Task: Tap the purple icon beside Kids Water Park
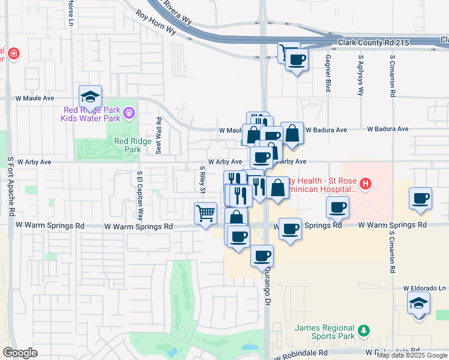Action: click(128, 112)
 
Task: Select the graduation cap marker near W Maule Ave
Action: click(90, 97)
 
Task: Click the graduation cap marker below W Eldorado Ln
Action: click(419, 303)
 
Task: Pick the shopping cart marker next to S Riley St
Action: click(205, 214)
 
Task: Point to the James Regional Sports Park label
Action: click(325, 332)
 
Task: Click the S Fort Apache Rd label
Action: click(10, 187)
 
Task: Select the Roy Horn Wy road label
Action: click(155, 22)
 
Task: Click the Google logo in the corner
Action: click(20, 353)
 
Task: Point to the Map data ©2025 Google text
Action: click(412, 355)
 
